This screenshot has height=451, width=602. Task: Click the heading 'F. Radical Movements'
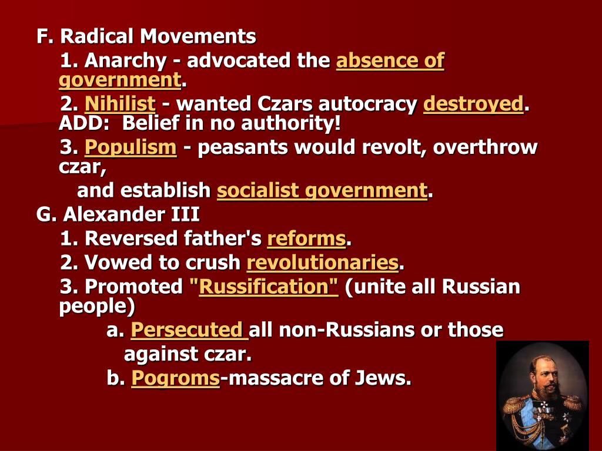(x=146, y=37)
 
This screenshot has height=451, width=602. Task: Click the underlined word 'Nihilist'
(x=120, y=105)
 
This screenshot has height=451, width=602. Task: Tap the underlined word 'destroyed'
(x=473, y=105)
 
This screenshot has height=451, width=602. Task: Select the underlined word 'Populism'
(x=131, y=147)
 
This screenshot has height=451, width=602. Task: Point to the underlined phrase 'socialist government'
(x=322, y=190)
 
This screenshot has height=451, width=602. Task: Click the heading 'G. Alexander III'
(x=118, y=214)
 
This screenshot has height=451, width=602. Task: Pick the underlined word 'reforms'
(x=306, y=238)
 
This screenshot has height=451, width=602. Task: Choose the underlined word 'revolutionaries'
(x=322, y=262)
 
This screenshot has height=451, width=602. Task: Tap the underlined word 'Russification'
(x=269, y=287)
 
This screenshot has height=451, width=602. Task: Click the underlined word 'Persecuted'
(x=188, y=330)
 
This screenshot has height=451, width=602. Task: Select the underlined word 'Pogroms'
(x=175, y=378)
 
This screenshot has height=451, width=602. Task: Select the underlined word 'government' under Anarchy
(x=119, y=80)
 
